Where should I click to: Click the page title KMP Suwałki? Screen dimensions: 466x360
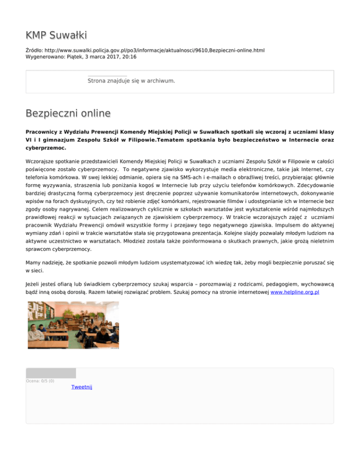click(56, 35)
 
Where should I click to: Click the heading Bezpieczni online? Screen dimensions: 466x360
click(68, 113)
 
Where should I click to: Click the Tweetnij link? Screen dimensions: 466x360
click(82, 387)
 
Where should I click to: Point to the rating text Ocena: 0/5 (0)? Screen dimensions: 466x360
click(40, 381)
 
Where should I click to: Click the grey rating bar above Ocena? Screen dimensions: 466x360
click(51, 373)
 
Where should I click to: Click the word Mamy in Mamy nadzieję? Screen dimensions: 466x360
click(34, 263)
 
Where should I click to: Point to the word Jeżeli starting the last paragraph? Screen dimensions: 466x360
click(34, 284)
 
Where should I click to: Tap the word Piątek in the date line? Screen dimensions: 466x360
click(78, 57)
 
